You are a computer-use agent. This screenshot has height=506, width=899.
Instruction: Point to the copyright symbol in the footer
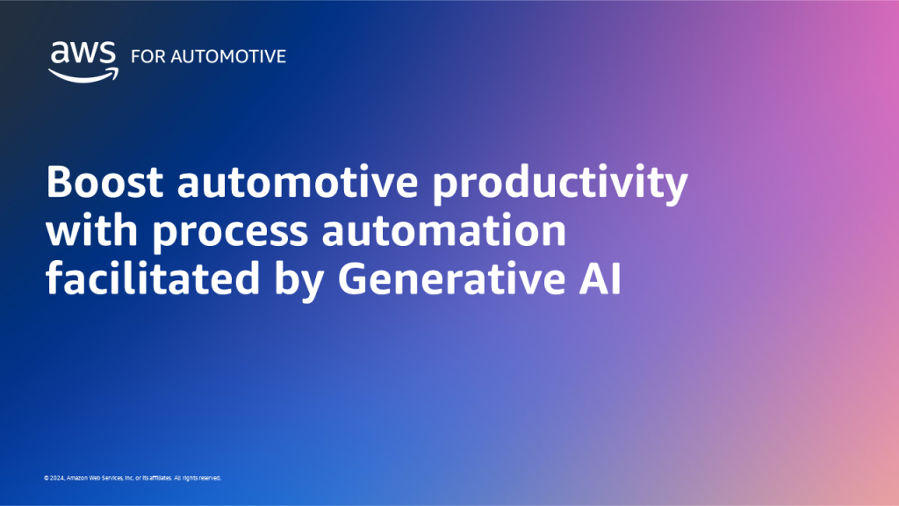[x=46, y=479]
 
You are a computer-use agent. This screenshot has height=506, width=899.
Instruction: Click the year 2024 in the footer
[x=55, y=479]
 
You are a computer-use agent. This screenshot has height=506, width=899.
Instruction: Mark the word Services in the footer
[x=116, y=479]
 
